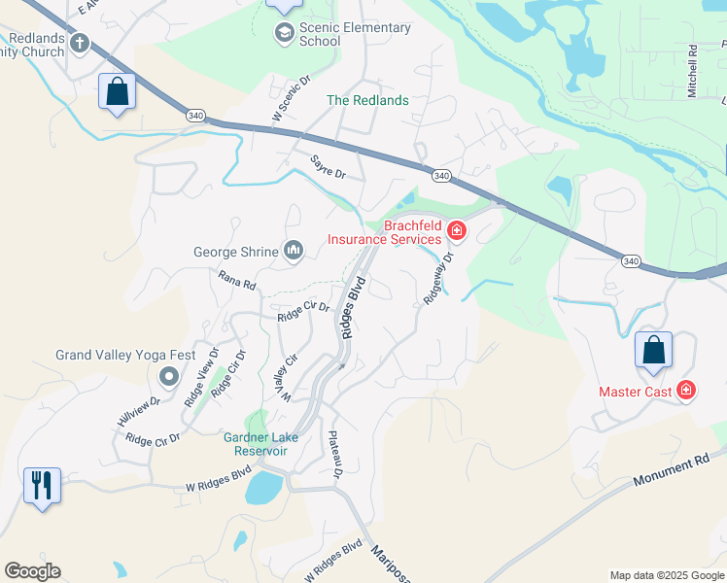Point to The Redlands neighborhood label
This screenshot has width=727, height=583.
click(x=367, y=100)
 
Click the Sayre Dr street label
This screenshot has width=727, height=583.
click(x=329, y=166)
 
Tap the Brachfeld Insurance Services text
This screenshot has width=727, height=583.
click(x=384, y=232)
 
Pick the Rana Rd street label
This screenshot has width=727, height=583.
click(x=236, y=281)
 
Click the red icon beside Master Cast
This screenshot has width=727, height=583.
click(x=686, y=391)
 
